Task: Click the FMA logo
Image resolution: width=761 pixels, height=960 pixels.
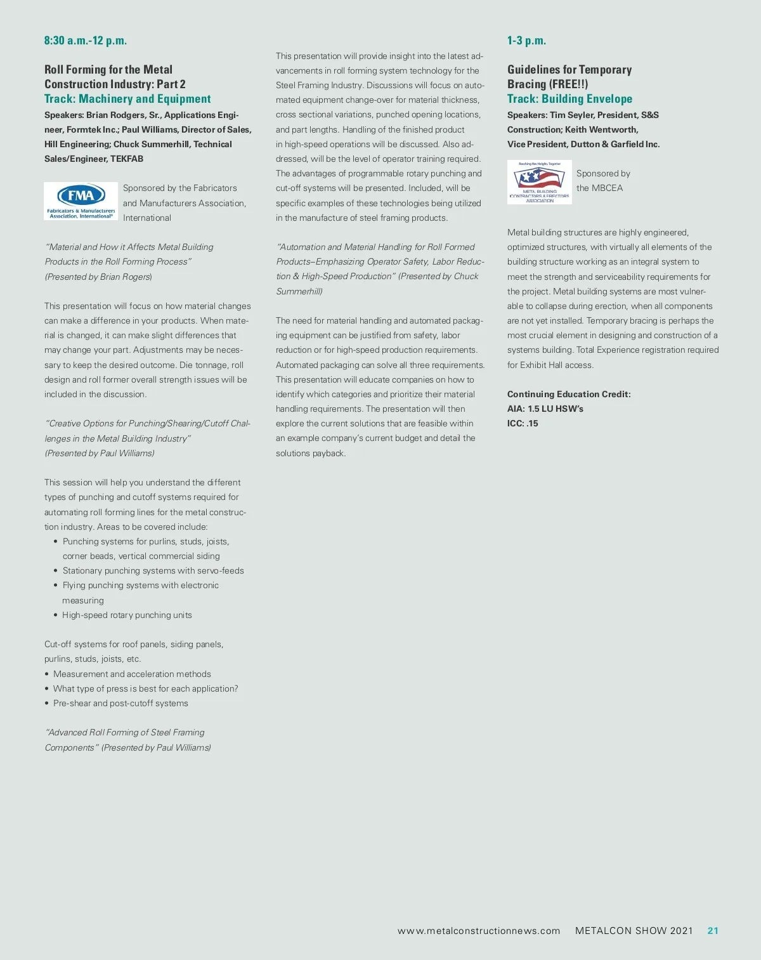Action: tap(81, 201)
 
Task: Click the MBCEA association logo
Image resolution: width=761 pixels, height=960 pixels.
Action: tap(540, 182)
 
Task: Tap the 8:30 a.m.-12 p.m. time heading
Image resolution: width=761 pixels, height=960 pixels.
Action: tap(86, 41)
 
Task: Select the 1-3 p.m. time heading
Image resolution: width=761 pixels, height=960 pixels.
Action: tap(526, 41)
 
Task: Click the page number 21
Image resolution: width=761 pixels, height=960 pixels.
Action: tap(713, 931)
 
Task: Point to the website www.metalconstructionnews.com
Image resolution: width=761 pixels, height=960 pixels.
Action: tap(479, 931)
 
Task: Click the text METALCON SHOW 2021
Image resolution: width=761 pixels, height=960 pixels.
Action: tap(634, 931)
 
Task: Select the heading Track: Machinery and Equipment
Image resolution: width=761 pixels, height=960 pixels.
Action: tap(127, 99)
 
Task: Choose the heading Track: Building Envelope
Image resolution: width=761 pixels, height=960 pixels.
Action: tap(569, 99)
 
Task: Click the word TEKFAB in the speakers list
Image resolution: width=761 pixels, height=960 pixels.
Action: tap(127, 159)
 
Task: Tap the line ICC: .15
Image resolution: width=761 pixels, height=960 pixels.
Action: tap(523, 423)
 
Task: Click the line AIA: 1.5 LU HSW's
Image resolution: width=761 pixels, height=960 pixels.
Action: tap(545, 409)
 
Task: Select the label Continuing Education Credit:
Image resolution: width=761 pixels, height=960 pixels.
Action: tap(569, 394)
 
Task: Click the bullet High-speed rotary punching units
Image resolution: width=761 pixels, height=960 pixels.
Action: tap(127, 615)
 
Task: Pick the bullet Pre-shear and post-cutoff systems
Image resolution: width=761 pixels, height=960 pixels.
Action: tap(120, 703)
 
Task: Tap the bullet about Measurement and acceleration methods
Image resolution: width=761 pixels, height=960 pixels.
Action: tap(132, 674)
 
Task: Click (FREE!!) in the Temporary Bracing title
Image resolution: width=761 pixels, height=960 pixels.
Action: tap(569, 84)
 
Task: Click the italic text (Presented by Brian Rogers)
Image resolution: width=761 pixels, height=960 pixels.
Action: tap(98, 277)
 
